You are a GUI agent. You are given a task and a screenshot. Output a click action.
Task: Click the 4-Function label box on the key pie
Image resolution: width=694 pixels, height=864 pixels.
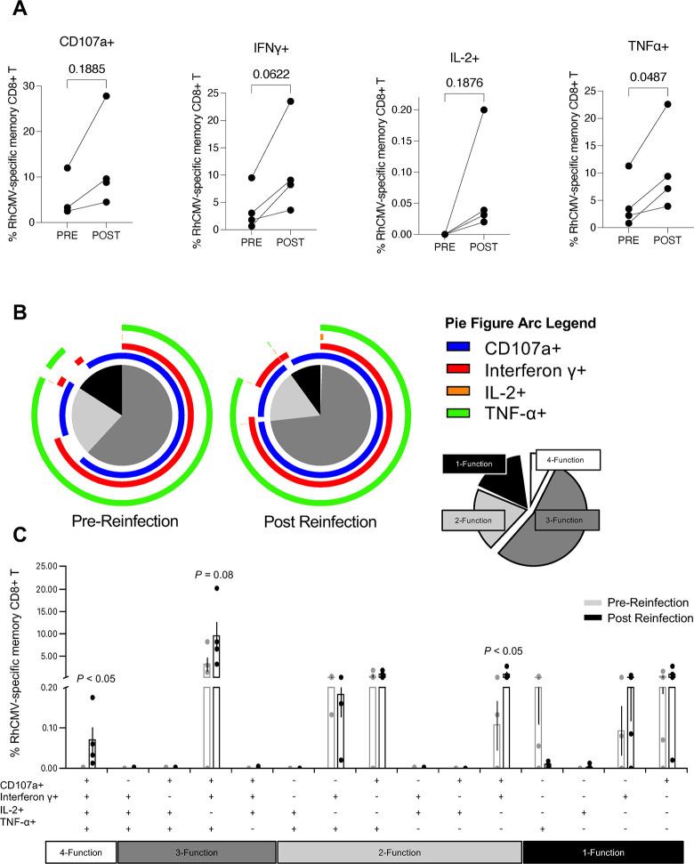pos(569,461)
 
